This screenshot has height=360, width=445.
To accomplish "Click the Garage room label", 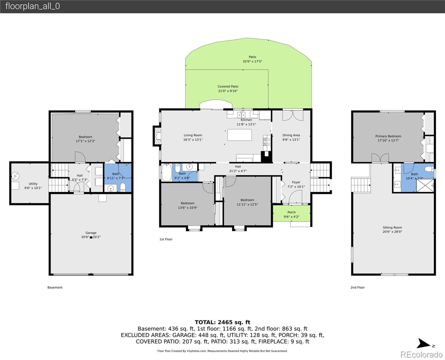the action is coord(91,232).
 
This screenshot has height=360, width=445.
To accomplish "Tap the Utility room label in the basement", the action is coord(33,184).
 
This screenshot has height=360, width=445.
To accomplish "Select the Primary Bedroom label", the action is coord(388,136).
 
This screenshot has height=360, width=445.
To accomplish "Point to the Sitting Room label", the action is coord(392,227).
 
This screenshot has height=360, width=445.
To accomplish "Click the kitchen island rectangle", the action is coord(239,135).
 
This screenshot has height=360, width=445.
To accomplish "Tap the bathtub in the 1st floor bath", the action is coord(166,172).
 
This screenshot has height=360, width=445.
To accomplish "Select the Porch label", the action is coord(291,212).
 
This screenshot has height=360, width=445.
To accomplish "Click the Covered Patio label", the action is coord(228,86).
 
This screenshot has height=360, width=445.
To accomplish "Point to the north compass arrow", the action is coord(424,343).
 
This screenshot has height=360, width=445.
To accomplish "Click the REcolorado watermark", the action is coord(421,354).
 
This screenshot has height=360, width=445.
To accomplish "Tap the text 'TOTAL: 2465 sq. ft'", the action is coord(222,322).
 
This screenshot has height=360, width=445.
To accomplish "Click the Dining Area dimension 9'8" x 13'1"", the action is coord(291,139).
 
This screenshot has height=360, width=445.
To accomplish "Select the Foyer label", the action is coord(296,182).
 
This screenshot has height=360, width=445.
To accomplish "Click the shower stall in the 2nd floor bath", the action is coord(425,185).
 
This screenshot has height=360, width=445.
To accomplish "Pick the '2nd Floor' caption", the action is coord(357,287).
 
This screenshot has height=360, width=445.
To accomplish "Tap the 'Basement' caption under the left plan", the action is coord(55,287).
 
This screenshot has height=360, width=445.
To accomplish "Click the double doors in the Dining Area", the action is coord(293,115).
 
